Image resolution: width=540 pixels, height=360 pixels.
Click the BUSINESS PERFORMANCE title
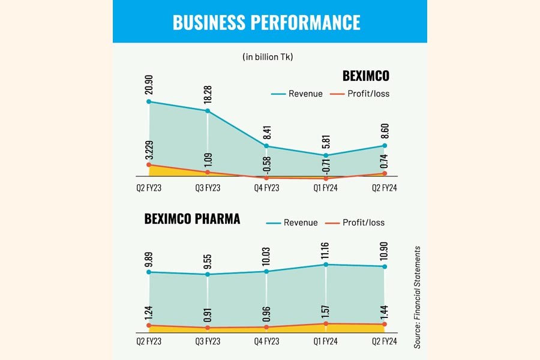[x=266, y=22]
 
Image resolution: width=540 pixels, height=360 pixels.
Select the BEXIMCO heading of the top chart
[x=365, y=76]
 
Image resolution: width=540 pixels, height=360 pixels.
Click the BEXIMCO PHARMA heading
[x=192, y=219]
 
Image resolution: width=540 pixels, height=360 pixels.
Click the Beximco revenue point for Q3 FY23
[x=208, y=111]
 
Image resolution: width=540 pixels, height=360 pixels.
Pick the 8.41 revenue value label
[x=266, y=133]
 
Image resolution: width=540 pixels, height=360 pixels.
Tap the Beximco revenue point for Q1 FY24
[x=326, y=155]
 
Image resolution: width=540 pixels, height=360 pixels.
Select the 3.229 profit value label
[x=149, y=148]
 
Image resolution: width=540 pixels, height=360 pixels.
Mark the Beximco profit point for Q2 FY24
[x=385, y=173]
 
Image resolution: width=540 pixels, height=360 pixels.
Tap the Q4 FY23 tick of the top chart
[x=266, y=188]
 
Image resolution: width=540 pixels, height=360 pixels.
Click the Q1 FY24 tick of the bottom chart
[x=326, y=341]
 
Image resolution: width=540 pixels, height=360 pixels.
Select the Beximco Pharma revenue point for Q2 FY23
[x=149, y=272]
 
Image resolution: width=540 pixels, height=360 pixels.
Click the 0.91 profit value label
[x=208, y=315]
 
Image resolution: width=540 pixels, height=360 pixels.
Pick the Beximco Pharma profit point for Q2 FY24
[x=385, y=324]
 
